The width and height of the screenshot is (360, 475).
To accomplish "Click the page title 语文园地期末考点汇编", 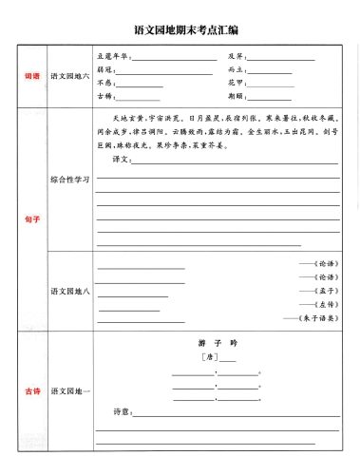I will [180, 29].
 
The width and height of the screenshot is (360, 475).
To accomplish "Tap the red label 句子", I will [31, 219].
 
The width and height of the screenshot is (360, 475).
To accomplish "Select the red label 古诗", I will [31, 390].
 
